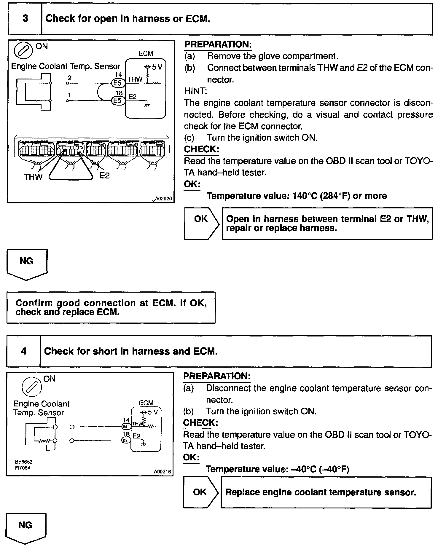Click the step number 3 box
click(x=25, y=19)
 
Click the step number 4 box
click(x=24, y=351)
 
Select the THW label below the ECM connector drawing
click(x=33, y=177)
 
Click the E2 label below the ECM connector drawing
click(x=104, y=176)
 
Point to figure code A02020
click(x=163, y=199)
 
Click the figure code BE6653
click(x=24, y=462)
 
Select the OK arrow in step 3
click(x=201, y=223)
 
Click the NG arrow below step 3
click(x=27, y=264)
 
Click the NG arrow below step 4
click(x=26, y=528)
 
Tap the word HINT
click(x=196, y=91)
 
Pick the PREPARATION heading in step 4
click(x=217, y=376)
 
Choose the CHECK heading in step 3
click(x=201, y=149)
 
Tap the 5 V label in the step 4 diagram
click(x=152, y=412)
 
